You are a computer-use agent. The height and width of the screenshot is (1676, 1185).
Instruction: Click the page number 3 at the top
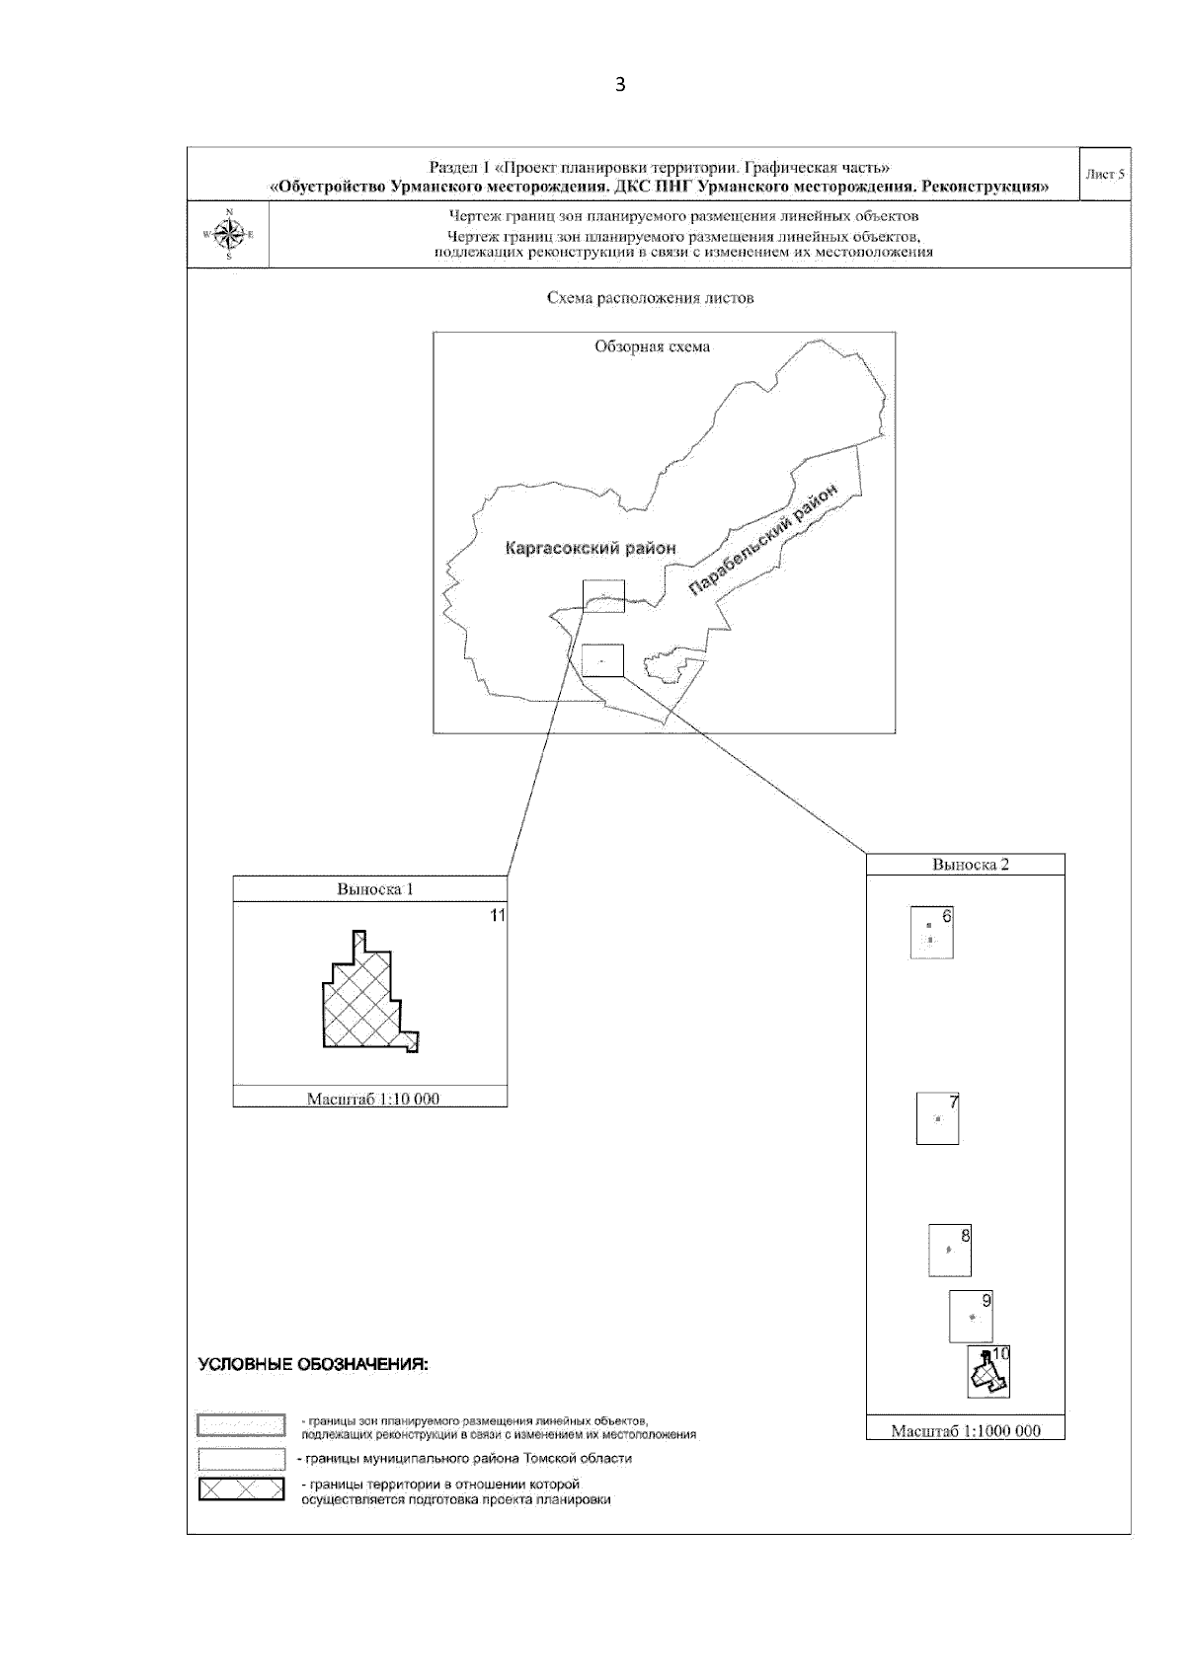click(x=620, y=85)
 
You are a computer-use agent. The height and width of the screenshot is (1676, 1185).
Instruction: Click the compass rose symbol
click(x=229, y=234)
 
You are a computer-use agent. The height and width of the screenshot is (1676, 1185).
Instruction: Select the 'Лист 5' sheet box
click(x=1105, y=175)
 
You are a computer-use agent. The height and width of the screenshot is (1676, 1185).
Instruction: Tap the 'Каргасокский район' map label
click(x=590, y=549)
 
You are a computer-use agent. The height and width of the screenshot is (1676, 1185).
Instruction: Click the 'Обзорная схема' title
click(x=652, y=346)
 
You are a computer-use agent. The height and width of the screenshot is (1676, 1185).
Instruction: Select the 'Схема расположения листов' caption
click(x=650, y=298)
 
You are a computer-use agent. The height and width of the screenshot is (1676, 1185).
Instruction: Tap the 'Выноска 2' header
click(x=971, y=865)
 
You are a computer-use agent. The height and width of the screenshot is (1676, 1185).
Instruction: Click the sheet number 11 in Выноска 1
click(x=498, y=916)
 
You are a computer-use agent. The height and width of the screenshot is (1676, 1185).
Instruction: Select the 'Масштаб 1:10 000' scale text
click(x=373, y=1099)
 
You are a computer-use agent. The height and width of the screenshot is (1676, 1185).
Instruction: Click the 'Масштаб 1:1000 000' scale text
click(x=966, y=1431)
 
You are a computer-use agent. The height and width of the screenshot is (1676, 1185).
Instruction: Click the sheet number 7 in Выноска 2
click(x=953, y=1103)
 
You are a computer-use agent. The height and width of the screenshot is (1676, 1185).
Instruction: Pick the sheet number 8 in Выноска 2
click(x=965, y=1235)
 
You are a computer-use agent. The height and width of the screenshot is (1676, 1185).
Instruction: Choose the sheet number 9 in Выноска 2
click(x=986, y=1301)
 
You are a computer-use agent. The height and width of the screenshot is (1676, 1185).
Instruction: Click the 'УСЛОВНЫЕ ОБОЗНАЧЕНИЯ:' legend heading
click(x=313, y=1365)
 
